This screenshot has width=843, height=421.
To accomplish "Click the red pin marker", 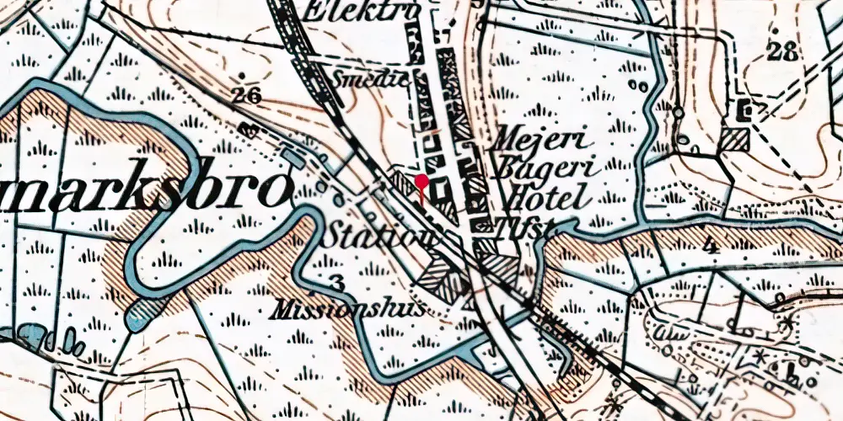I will tap(421, 180).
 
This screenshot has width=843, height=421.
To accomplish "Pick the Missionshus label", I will tap(348, 310).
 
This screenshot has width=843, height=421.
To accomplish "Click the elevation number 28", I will tap(782, 52).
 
